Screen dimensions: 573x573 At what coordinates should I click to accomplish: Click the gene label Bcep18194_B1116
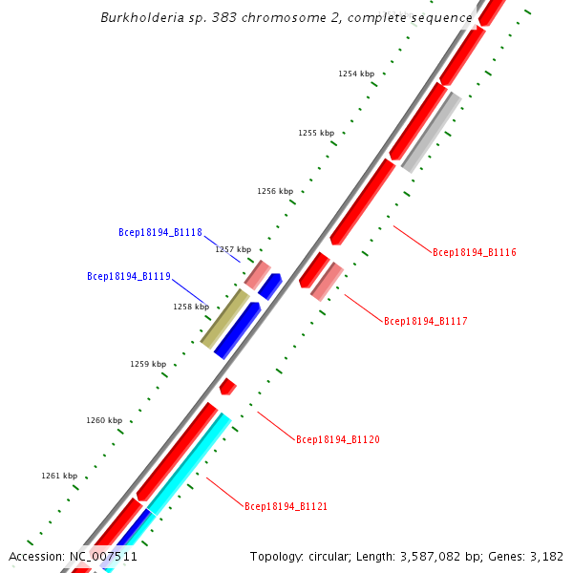[474, 253]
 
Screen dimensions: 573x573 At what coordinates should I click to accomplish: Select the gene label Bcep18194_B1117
[425, 322]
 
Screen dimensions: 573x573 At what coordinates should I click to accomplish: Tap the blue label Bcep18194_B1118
[159, 232]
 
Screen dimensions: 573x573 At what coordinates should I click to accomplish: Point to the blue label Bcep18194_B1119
[128, 277]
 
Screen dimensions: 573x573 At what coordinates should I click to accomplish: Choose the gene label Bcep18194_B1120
[337, 440]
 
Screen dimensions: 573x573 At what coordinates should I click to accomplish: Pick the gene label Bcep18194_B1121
[286, 507]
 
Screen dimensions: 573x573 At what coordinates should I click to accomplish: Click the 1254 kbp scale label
[356, 74]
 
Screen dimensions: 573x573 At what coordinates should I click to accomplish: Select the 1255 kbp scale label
[316, 134]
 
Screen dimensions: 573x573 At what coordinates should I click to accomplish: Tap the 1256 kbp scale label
[275, 192]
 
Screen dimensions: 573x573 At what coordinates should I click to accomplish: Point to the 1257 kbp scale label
[233, 249]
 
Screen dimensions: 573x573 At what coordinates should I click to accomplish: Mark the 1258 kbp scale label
[191, 308]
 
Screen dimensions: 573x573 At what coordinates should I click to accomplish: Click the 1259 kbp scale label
[148, 364]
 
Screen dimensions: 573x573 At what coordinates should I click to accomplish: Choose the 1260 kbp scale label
[104, 420]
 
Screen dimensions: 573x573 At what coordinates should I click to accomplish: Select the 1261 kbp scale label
[59, 476]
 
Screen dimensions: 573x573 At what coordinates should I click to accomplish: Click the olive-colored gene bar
[224, 319]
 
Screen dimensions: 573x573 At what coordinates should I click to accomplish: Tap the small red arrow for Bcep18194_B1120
[227, 386]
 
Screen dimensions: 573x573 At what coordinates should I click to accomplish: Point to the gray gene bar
[432, 132]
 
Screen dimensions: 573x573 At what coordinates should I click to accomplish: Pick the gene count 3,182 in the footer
[544, 557]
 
